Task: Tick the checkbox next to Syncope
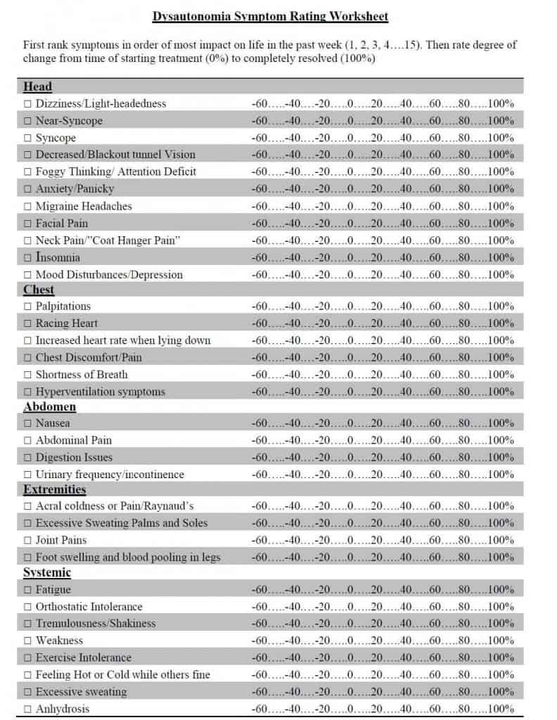[28, 138]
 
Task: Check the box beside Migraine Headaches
[28, 206]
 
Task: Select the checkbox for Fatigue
[28, 590]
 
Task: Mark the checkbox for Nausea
[28, 423]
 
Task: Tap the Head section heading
[37, 86]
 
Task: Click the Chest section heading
[39, 290]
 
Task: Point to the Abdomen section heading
[49, 406]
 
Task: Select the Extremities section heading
[54, 489]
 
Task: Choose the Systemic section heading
[47, 573]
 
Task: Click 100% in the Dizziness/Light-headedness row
[501, 103]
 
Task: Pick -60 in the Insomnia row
[259, 257]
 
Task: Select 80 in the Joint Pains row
[464, 540]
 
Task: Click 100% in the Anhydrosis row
[501, 709]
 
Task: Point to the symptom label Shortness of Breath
[82, 375]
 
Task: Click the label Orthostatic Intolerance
[89, 607]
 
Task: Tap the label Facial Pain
[62, 224]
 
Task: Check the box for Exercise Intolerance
[28, 658]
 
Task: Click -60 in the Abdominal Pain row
[259, 440]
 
